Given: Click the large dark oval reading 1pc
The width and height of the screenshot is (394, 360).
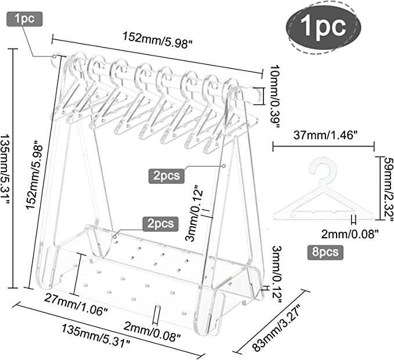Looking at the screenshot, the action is click(323, 27).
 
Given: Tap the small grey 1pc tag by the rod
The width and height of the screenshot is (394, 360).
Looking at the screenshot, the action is click(24, 19).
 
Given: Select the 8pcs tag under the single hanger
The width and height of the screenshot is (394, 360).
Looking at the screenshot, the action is click(325, 252).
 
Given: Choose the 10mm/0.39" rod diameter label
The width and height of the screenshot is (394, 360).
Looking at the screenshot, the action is click(274, 96).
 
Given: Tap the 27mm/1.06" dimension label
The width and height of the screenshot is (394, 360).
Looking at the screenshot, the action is click(76, 305).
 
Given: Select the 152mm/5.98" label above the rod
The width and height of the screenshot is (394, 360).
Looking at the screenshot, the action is click(158, 40).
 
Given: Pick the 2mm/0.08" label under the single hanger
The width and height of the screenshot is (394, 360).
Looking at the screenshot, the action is click(350, 234).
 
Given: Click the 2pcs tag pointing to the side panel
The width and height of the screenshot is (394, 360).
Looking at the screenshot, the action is click(167, 176).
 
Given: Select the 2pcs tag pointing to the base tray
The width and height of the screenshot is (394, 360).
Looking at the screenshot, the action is click(161, 224).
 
